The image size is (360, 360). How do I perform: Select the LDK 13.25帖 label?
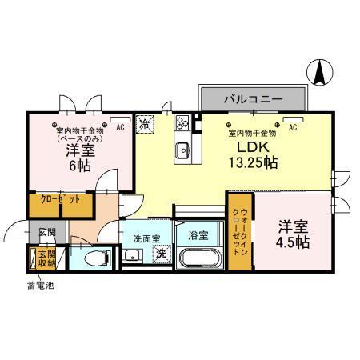tap(250, 154)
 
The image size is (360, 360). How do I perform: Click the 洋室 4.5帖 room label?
tap(294, 234)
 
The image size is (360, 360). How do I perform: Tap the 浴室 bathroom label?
tap(198, 236)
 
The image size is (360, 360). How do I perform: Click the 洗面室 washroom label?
tap(146, 238)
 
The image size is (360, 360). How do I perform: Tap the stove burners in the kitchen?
tap(181, 123)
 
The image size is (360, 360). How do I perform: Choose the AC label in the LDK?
tap(293, 126)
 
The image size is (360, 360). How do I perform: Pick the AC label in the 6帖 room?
tap(120, 126)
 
